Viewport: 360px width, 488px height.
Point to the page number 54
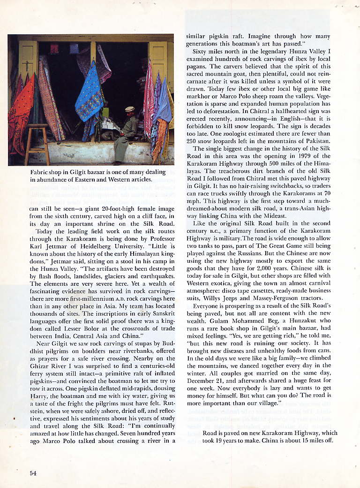coord(33,473)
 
